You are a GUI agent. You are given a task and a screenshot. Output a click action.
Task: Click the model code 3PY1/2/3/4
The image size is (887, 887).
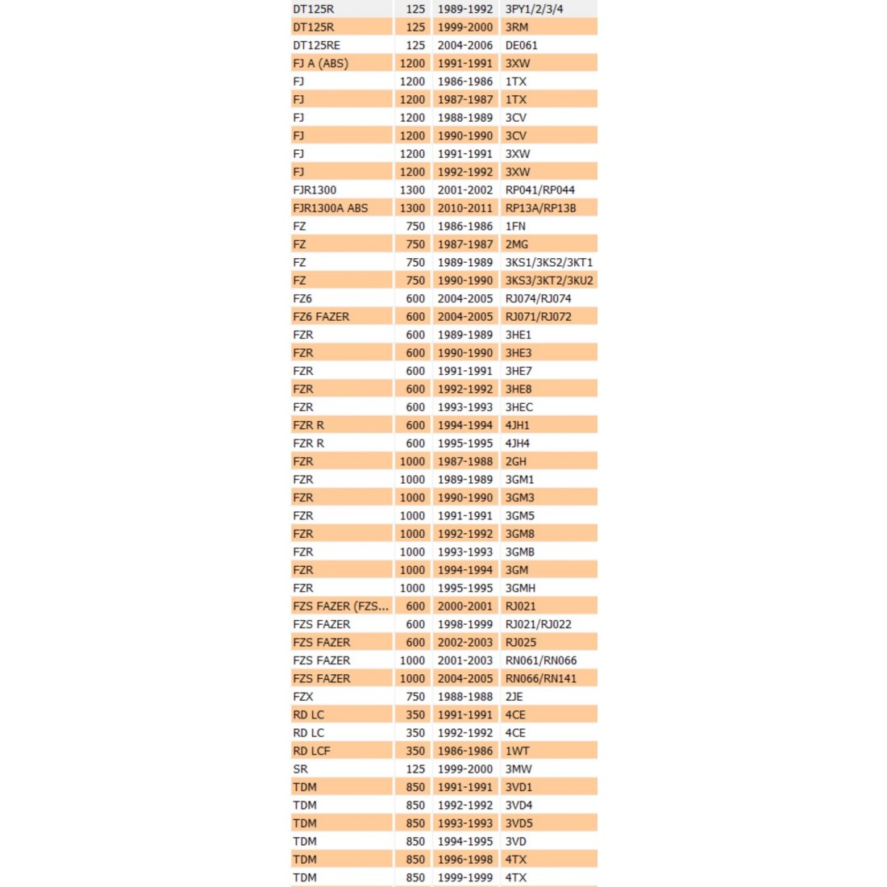point(534,9)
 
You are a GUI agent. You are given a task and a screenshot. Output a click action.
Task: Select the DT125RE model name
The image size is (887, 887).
point(316,45)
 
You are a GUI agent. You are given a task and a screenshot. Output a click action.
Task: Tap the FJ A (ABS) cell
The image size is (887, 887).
point(320,63)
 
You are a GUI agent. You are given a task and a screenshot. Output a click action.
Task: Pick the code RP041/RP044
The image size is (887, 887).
point(539,189)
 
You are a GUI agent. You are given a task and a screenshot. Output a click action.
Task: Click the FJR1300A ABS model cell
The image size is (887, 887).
point(330,208)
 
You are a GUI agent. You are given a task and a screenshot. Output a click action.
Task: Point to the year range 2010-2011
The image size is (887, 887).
point(464,208)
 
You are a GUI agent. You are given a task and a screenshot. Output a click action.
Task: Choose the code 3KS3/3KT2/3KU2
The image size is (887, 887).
point(548,281)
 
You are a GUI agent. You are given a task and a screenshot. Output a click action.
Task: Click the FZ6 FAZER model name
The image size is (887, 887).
point(321,317)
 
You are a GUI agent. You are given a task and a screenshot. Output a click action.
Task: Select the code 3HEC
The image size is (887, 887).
point(518,407)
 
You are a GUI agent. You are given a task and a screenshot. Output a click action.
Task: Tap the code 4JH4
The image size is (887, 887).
point(517,443)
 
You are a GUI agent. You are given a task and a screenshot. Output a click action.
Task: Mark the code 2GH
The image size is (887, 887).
point(515,461)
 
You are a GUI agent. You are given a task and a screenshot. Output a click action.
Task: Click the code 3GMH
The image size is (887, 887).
point(520,588)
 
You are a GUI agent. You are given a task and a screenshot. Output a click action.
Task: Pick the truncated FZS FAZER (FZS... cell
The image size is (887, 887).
point(340,606)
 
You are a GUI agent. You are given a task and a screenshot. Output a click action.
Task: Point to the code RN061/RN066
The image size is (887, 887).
point(540,660)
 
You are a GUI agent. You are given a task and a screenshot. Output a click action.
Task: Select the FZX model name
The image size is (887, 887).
point(303,697)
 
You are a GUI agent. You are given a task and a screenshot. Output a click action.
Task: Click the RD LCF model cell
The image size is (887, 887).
point(311,751)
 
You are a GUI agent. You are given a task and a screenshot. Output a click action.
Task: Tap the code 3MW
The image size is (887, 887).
point(518,769)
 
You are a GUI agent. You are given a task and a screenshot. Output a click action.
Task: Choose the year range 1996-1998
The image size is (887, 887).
point(464,860)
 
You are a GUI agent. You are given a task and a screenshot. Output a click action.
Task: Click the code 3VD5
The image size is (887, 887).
point(518,823)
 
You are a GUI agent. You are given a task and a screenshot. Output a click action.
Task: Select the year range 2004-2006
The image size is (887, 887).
point(464,45)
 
